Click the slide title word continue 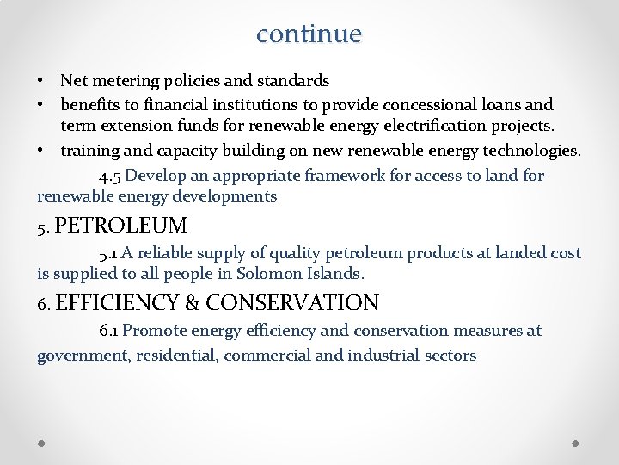(309, 34)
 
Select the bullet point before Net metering (41, 81)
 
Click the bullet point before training (41, 150)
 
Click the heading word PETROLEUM (120, 226)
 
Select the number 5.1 (108, 254)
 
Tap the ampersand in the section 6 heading (192, 302)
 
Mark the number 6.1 (108, 332)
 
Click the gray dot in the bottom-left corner (41, 443)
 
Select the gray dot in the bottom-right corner (576, 443)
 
